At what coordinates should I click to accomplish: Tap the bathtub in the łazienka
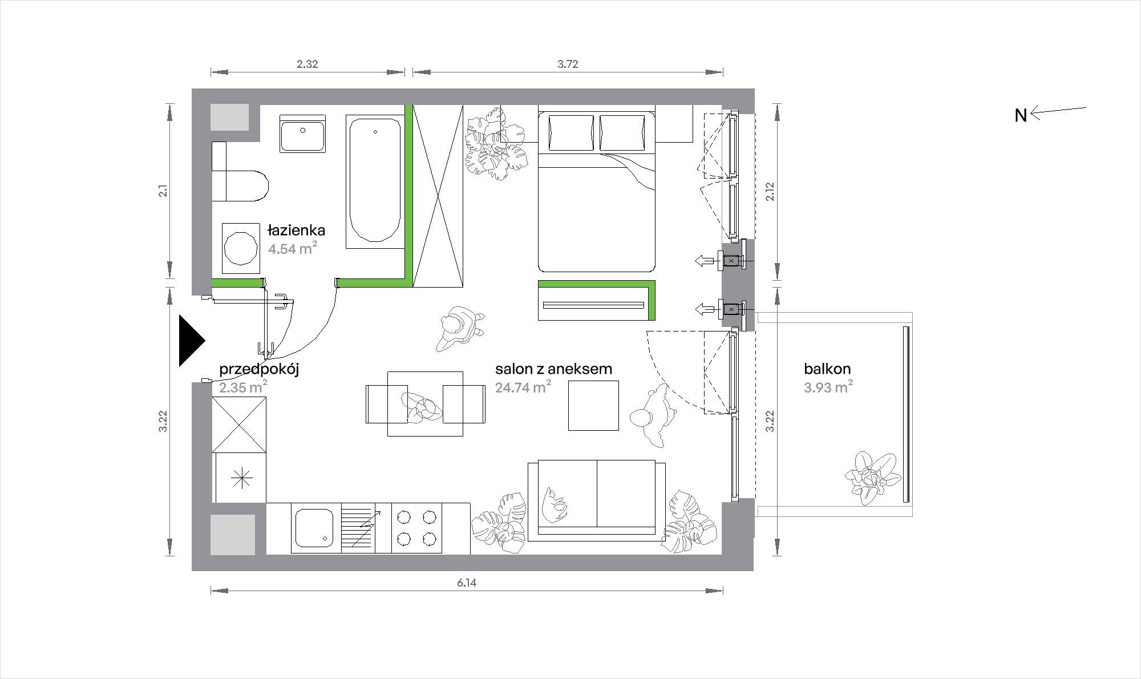pyautogui.click(x=375, y=181)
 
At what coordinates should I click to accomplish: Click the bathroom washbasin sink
pyautogui.click(x=303, y=134)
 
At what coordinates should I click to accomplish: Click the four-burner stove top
pyautogui.click(x=416, y=528)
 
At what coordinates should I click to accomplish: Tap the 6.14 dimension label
pyautogui.click(x=466, y=583)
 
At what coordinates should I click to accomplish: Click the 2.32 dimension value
pyautogui.click(x=307, y=64)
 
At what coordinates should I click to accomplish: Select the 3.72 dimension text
pyautogui.click(x=568, y=64)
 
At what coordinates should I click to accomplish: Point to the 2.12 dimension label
pyautogui.click(x=770, y=192)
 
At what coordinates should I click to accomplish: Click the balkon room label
pyautogui.click(x=827, y=369)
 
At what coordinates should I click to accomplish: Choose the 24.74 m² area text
pyautogui.click(x=523, y=387)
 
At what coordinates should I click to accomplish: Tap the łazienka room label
pyautogui.click(x=297, y=230)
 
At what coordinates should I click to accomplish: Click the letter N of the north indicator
pyautogui.click(x=1021, y=116)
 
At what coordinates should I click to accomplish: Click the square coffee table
pyautogui.click(x=593, y=406)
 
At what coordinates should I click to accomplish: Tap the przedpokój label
pyautogui.click(x=259, y=369)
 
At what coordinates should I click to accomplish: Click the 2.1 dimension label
pyautogui.click(x=163, y=191)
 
